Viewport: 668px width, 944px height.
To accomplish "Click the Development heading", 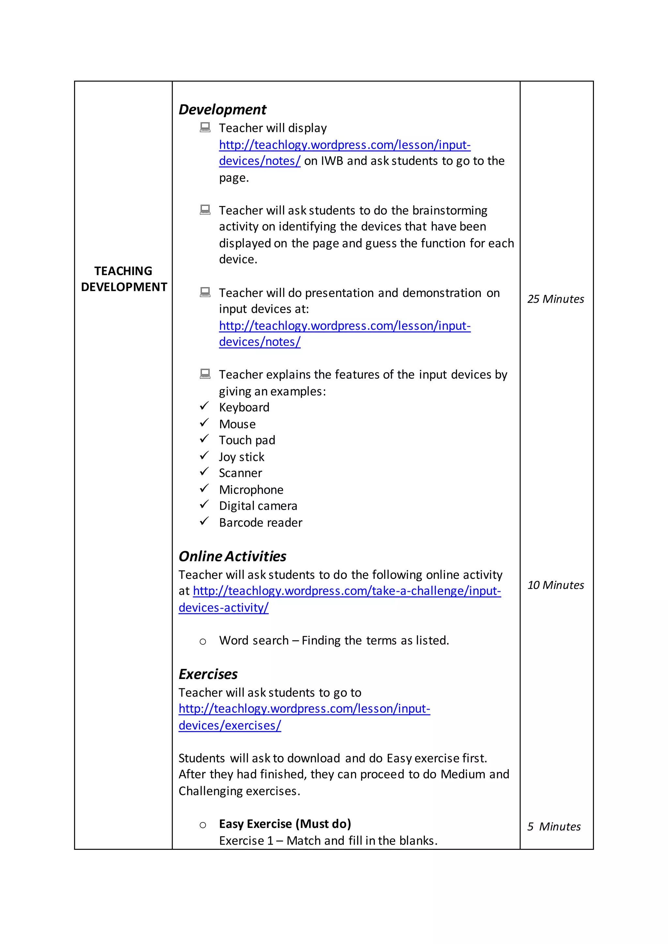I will tap(222, 110).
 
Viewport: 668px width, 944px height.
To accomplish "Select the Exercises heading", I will tap(208, 674).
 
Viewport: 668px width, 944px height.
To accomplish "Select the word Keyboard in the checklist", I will tap(244, 407).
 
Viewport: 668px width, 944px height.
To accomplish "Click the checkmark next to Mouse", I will tap(205, 423).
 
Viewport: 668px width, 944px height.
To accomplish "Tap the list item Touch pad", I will tap(247, 440).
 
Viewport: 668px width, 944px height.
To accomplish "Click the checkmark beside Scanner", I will tap(205, 472).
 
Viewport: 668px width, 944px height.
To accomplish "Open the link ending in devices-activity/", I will tap(223, 608).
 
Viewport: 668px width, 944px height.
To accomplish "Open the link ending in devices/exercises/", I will tap(230, 726).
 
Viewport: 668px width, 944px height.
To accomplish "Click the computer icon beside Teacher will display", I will tap(205, 127).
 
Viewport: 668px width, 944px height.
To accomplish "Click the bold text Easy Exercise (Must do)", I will tap(285, 824).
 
